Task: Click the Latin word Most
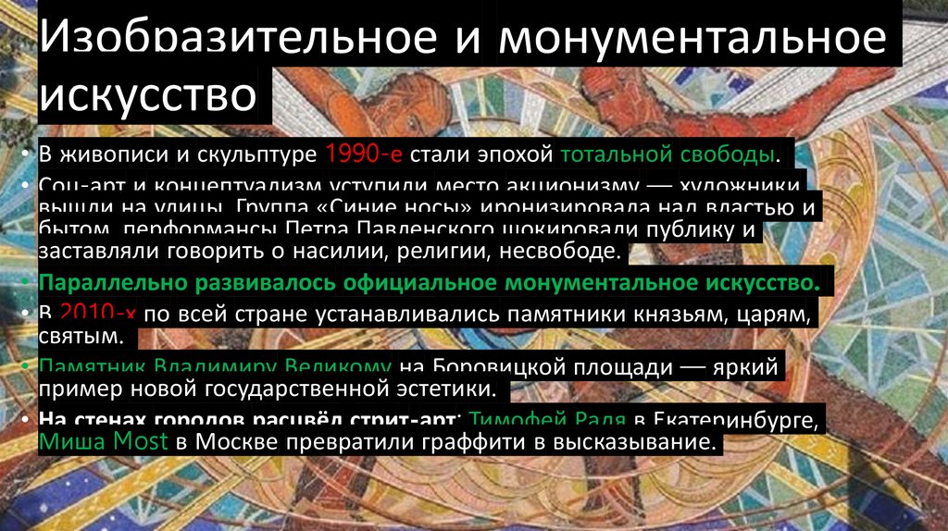coord(139,441)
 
